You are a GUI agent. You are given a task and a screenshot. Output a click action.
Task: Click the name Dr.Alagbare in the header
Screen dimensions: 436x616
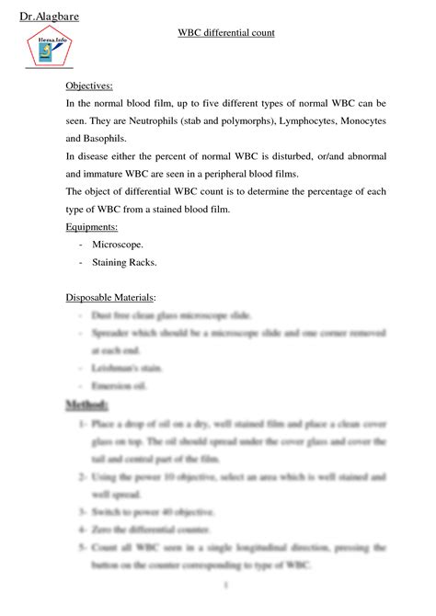click(46, 17)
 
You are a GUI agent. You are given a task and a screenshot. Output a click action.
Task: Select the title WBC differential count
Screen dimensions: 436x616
click(226, 33)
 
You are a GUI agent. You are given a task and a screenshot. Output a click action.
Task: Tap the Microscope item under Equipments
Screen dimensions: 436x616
click(118, 244)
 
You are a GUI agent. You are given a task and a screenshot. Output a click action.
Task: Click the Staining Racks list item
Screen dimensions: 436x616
click(124, 262)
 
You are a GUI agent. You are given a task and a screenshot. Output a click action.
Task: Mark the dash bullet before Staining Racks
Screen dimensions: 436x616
click(82, 262)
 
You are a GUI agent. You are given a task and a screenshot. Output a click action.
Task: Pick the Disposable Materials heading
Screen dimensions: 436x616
click(110, 297)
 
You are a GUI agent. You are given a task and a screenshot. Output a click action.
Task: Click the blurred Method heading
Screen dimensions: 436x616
click(87, 405)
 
